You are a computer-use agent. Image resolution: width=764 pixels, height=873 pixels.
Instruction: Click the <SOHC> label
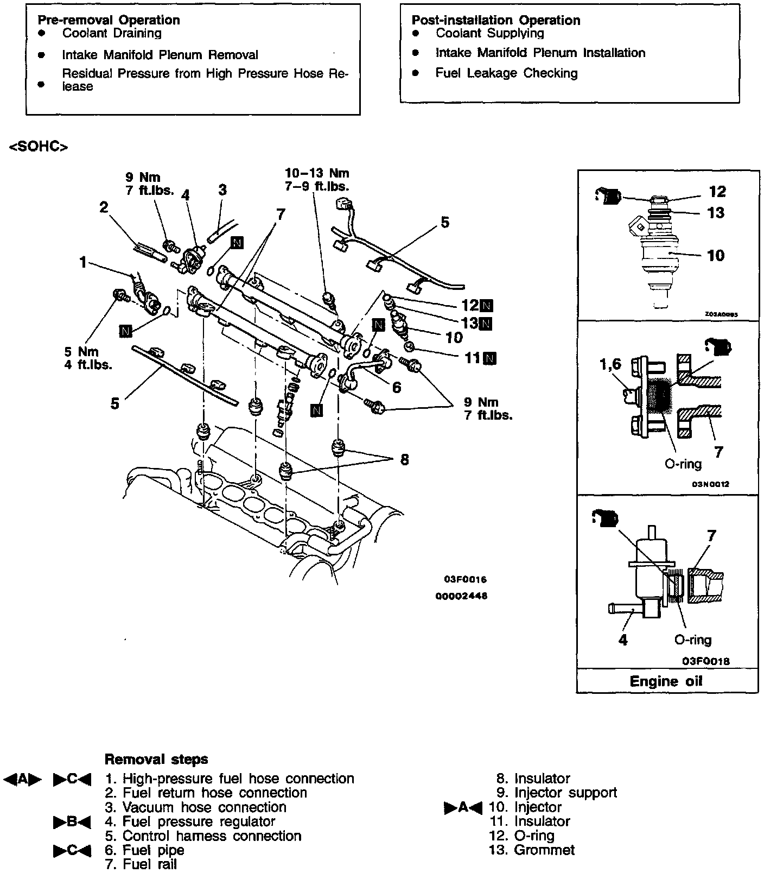[39, 147]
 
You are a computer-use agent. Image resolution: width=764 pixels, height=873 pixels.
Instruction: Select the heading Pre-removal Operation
[109, 20]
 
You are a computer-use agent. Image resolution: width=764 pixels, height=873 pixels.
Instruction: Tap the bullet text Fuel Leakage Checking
[506, 73]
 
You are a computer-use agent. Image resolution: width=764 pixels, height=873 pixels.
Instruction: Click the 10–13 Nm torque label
[317, 174]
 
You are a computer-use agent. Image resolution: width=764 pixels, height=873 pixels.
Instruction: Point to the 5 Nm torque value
[82, 352]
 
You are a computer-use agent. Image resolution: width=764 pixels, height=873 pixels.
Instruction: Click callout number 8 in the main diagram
[404, 460]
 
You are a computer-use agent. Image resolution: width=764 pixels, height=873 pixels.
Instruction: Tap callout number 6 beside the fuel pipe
[397, 387]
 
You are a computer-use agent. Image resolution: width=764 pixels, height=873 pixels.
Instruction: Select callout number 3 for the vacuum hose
[222, 190]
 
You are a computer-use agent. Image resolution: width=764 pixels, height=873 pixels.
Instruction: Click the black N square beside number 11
[490, 358]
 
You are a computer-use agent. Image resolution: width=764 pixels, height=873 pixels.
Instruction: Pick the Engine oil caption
[666, 681]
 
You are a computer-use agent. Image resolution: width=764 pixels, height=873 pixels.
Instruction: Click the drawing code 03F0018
[706, 661]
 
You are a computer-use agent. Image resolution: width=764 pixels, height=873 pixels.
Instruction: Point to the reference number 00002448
[461, 596]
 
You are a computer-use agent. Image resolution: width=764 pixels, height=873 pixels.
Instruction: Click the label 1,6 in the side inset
[610, 365]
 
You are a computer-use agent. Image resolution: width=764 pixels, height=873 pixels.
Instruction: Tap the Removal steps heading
[156, 759]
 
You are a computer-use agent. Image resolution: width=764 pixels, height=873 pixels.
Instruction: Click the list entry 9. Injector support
[557, 793]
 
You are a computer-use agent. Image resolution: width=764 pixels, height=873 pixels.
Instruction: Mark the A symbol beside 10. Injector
[463, 808]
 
